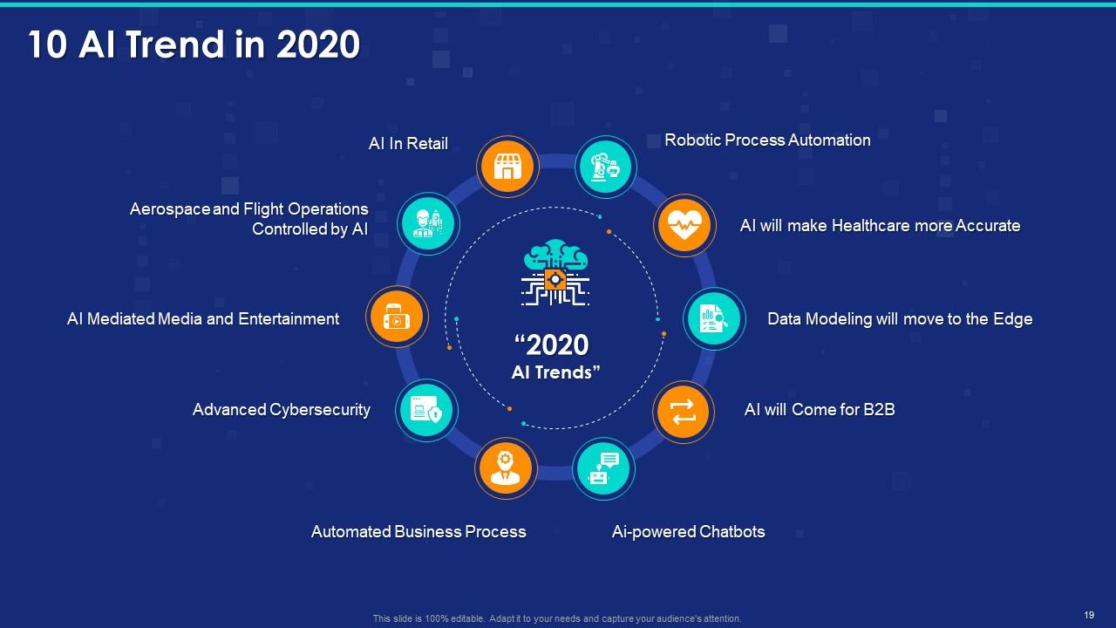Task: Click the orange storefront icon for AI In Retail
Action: (x=507, y=167)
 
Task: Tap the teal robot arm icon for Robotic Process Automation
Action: (x=606, y=167)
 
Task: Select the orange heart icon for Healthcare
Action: (x=684, y=226)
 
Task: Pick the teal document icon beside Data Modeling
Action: (x=714, y=319)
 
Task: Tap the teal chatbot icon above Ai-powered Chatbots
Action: (x=603, y=469)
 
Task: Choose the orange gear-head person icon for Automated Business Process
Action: (x=506, y=468)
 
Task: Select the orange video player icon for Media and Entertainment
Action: (x=397, y=318)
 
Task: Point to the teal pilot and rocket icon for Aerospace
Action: (x=427, y=224)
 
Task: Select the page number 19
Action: (x=1089, y=615)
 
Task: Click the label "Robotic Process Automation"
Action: (x=767, y=140)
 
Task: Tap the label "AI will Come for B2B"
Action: (x=819, y=409)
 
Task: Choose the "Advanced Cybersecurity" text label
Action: (x=282, y=409)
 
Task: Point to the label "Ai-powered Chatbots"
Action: (x=688, y=531)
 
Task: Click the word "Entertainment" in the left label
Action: (x=289, y=318)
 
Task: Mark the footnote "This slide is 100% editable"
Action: (x=556, y=618)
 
